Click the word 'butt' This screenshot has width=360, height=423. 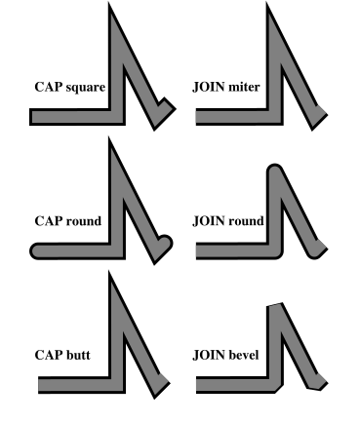78,356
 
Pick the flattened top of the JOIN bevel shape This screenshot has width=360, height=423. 277,305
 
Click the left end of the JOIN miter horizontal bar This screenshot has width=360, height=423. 198,116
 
